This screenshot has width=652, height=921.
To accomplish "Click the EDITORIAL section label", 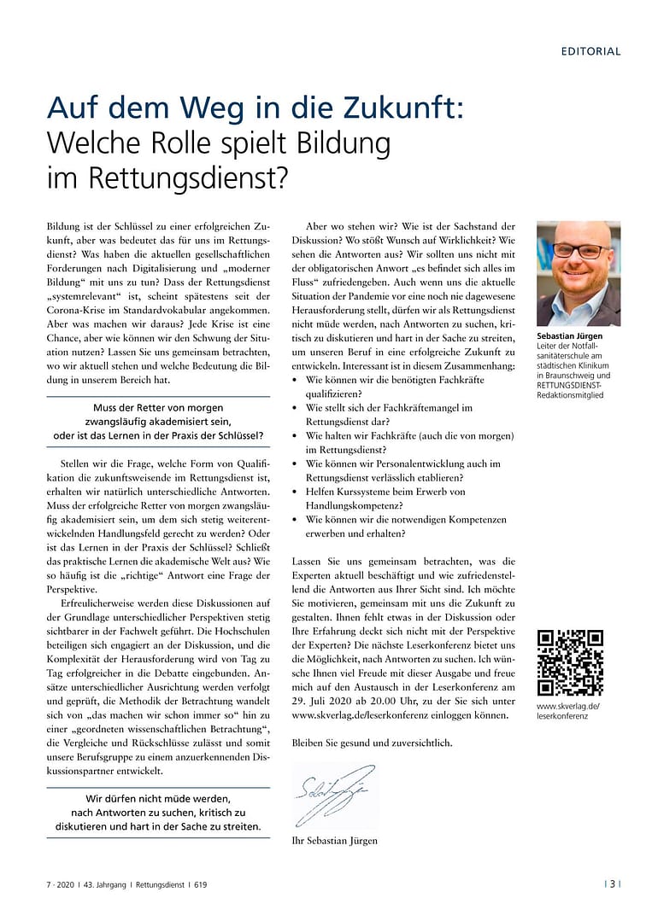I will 590,51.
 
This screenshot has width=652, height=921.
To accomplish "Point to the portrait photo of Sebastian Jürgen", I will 578,273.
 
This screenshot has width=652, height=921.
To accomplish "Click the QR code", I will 570,662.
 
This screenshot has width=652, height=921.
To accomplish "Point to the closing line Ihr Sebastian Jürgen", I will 334,841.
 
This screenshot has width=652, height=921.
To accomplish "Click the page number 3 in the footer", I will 612,884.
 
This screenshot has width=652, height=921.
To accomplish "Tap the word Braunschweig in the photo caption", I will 569,376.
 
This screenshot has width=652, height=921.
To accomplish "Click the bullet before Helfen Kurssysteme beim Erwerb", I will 296,493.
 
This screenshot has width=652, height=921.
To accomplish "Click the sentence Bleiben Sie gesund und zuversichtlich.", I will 372,743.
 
